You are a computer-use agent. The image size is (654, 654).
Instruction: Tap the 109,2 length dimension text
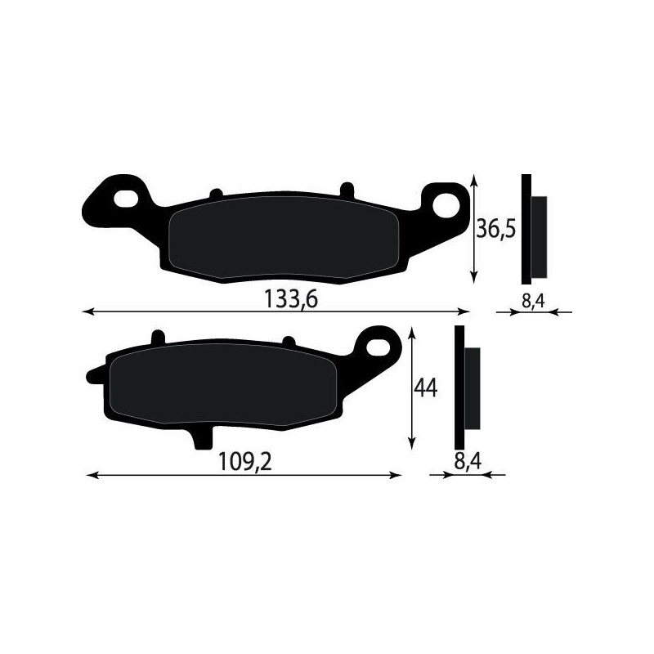point(244,463)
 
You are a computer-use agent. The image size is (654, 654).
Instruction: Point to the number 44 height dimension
point(425,388)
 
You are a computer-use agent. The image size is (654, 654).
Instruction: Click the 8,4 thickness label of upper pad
point(533,301)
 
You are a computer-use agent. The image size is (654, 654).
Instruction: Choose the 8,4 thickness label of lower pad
point(466,463)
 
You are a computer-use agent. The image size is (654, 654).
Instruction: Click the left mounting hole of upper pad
point(128,198)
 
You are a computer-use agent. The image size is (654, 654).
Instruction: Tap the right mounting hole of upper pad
point(446,204)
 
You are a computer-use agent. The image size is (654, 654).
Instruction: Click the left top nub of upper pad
point(216,194)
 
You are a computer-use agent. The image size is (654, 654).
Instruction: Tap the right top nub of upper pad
point(346,188)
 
